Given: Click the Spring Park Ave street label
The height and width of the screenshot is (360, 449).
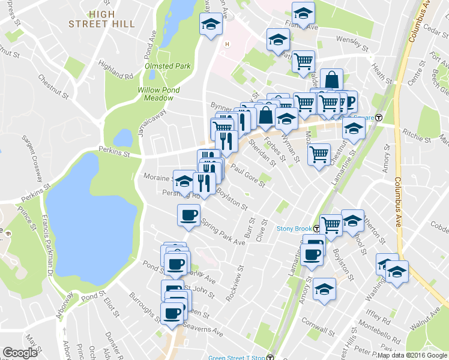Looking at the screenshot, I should tap(223, 233).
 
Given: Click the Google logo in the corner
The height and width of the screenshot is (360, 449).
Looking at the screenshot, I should tap(20, 353).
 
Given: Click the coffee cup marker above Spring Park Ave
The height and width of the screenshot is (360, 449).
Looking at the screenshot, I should tap(188, 215).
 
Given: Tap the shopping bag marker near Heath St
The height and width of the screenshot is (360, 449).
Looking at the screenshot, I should tap(331, 79).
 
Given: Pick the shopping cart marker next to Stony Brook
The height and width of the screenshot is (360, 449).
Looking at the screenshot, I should tap(331, 224).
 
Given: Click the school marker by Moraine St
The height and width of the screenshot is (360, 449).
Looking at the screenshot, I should tap(183, 179).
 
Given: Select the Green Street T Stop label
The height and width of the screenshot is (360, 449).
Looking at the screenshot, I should tap(237, 358).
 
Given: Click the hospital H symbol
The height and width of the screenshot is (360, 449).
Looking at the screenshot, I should tap(227, 44).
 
